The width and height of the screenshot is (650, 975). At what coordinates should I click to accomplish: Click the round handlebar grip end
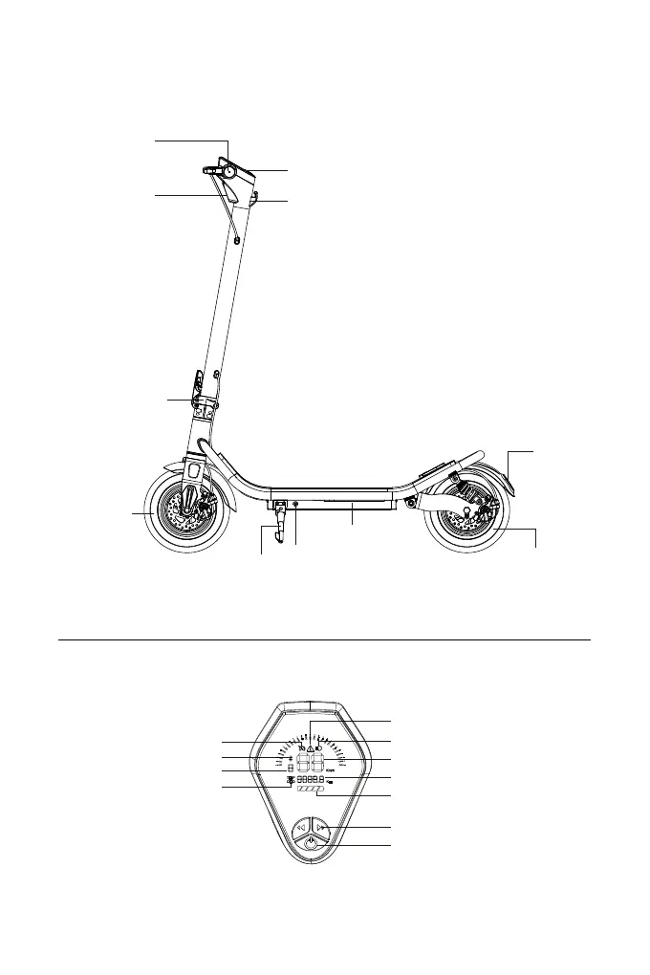(x=229, y=171)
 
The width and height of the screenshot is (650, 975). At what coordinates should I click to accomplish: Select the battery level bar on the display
(x=311, y=791)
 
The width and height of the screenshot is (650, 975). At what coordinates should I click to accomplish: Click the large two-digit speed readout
(x=311, y=765)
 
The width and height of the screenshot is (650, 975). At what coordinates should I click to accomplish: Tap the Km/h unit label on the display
(x=330, y=769)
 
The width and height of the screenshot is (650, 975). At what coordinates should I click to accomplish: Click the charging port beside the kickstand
(x=295, y=507)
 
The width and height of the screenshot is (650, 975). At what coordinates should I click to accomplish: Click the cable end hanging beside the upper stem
(x=236, y=241)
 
